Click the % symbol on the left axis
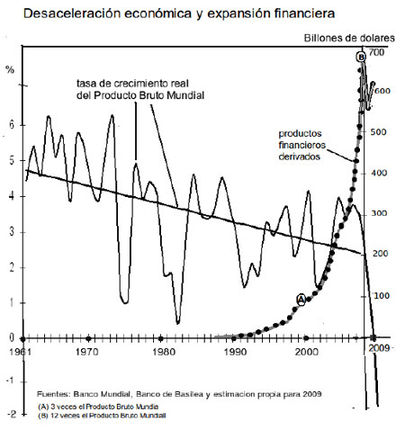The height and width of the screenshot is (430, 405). tap(10, 68)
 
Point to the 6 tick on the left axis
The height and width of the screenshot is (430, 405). tap(11, 127)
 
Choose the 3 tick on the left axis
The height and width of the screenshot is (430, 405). tap(11, 232)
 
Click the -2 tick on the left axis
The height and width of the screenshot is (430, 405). tap(9, 413)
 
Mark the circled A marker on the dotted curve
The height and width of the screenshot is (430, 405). tap(301, 300)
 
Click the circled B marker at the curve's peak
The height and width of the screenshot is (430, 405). tap(361, 57)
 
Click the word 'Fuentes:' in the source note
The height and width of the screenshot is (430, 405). tap(53, 395)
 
